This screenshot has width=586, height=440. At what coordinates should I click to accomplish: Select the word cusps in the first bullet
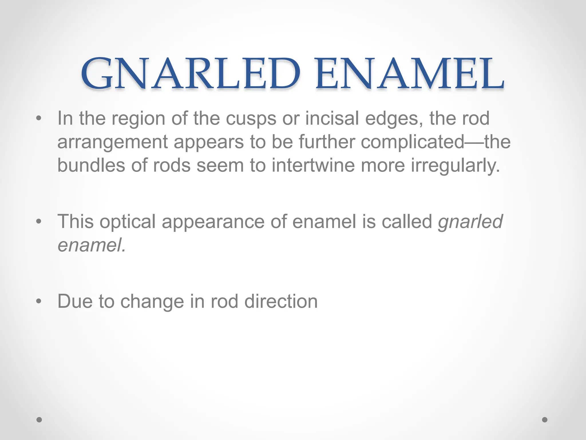tap(251, 119)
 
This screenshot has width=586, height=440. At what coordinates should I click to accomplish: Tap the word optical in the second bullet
tap(127, 222)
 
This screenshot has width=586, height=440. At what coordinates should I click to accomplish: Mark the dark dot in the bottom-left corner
tap(39, 420)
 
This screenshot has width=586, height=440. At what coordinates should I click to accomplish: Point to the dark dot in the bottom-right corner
tap(545, 420)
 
